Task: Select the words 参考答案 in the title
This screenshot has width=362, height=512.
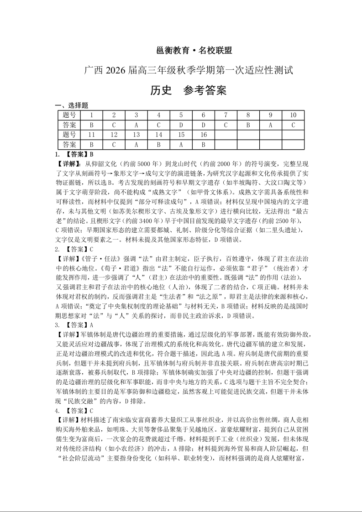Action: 205,90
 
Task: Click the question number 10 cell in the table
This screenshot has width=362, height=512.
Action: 293,115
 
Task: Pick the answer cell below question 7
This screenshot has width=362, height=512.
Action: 226,125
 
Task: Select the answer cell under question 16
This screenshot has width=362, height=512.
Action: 203,145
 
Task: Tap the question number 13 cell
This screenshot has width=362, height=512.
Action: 136,135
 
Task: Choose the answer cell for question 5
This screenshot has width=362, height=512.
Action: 181,125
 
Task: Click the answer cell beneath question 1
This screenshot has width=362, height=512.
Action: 91,125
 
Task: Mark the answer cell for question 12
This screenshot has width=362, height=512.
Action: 114,145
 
